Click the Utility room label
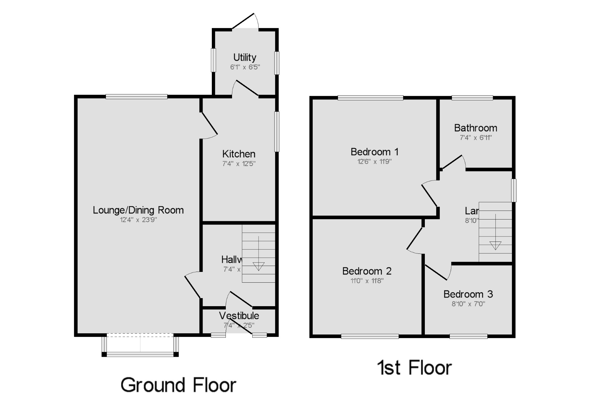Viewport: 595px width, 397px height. (245, 57)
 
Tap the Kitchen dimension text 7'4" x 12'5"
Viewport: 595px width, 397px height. (239, 164)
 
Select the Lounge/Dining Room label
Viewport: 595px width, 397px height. (138, 210)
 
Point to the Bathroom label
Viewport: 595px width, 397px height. (475, 128)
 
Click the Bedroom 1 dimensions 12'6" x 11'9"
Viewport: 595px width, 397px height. (374, 161)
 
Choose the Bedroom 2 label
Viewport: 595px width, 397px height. (367, 271)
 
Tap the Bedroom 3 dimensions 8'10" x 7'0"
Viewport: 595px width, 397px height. (468, 304)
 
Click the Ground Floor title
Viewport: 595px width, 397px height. (178, 385)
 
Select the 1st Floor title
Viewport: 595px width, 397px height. (414, 368)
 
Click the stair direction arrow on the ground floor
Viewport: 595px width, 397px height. (259, 265)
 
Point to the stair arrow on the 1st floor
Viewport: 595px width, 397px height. (495, 245)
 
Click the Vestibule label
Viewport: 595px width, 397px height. (239, 315)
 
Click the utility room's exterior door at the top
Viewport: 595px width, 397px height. (245, 21)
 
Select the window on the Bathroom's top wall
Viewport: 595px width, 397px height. (472, 98)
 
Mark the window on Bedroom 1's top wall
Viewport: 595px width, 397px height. (370, 98)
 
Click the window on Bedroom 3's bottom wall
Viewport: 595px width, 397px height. (468, 336)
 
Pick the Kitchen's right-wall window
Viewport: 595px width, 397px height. (277, 131)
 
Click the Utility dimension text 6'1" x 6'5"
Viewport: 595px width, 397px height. (245, 67)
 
